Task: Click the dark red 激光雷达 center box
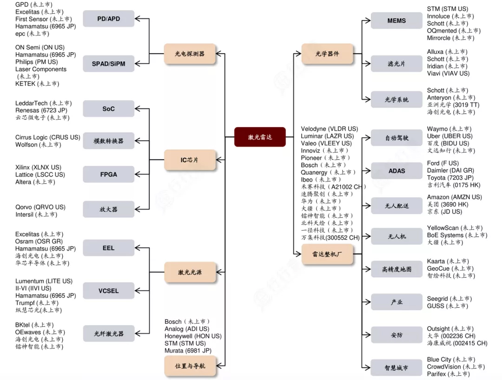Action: [x=260, y=137]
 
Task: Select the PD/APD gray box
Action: [x=108, y=19]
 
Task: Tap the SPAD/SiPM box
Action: [x=108, y=63]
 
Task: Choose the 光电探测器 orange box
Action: [x=190, y=54]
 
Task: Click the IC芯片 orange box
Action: [x=190, y=160]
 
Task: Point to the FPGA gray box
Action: [x=108, y=174]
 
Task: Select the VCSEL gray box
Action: [x=108, y=291]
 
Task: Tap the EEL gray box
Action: [x=108, y=248]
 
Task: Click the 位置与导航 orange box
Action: [x=190, y=366]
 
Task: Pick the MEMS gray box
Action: [x=396, y=20]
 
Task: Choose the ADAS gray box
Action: [x=396, y=171]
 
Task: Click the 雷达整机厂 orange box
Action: [x=327, y=254]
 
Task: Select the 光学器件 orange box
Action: [x=327, y=54]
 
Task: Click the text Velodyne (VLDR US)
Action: [x=329, y=129]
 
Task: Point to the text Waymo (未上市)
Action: [x=449, y=129]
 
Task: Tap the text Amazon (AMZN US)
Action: [x=454, y=197]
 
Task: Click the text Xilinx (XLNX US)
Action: [x=38, y=167]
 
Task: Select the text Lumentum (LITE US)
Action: [x=44, y=281]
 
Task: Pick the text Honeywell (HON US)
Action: [x=193, y=336]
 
